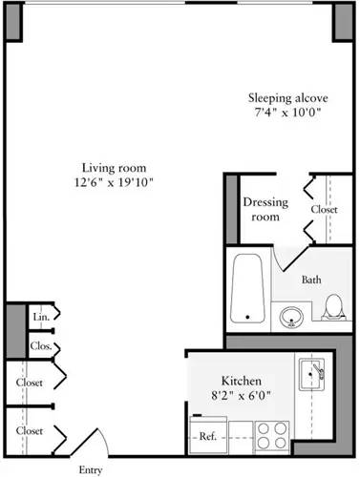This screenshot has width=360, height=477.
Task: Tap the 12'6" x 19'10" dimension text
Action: [113, 181]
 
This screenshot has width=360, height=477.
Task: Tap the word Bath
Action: [311, 280]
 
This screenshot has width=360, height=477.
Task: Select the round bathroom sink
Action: [291, 313]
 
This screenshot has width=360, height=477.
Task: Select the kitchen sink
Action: [311, 377]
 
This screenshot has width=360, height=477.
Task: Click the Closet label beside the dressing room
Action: [324, 209]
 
